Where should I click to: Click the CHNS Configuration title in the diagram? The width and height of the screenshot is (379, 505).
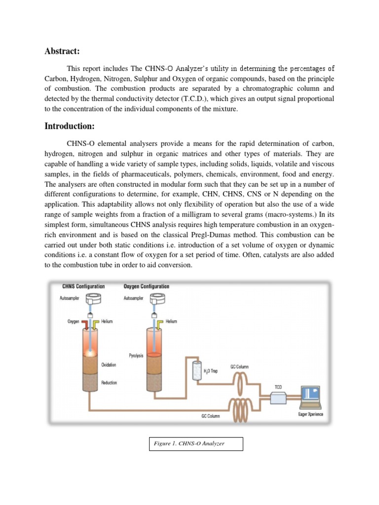tap(83, 287)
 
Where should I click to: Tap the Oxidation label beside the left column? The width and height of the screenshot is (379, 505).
tap(109, 365)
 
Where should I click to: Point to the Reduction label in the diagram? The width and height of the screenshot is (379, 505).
tap(109, 382)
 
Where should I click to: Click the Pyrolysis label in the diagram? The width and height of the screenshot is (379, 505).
tap(136, 355)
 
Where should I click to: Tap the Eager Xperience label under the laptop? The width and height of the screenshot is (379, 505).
tap(310, 414)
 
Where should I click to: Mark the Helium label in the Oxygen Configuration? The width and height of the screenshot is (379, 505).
tap(172, 321)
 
